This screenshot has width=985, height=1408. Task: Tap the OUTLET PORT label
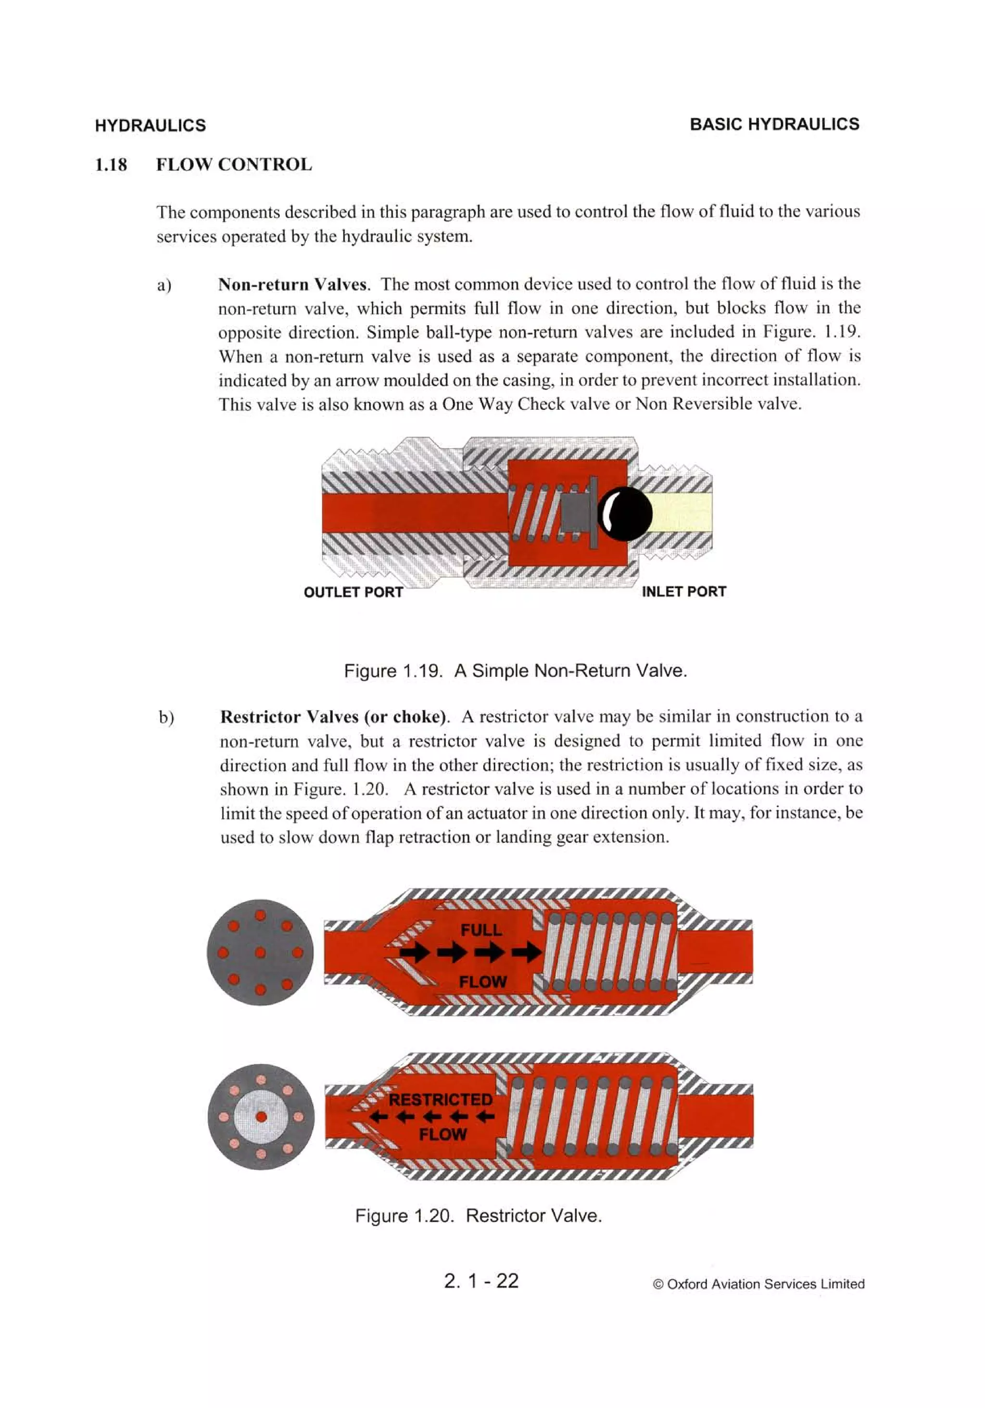point(354,592)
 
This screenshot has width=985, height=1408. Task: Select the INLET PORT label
point(683,592)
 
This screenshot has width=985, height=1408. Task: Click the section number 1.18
point(111,165)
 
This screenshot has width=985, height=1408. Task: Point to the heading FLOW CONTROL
point(234,165)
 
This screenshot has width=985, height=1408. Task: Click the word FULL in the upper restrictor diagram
point(481,930)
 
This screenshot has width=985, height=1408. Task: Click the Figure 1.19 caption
point(515,671)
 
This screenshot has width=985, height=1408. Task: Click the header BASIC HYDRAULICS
point(774,125)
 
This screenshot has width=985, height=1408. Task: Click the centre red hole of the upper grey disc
point(260,952)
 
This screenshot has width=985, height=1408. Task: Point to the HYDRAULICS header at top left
point(150,126)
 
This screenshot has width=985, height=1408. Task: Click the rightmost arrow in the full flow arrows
point(527,952)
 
